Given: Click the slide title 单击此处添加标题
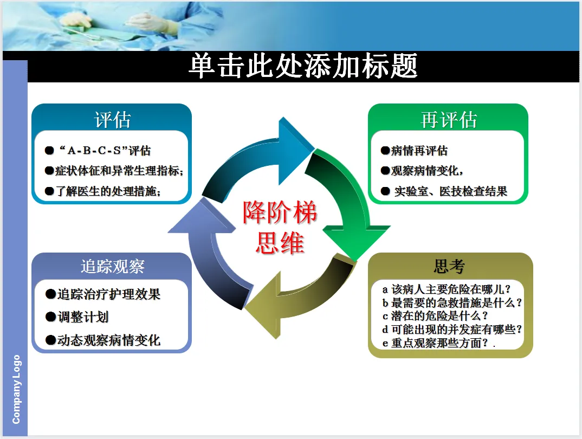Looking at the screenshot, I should click(x=303, y=67).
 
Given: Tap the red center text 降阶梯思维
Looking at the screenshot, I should click(x=280, y=228).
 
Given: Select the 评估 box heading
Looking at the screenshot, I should click(x=112, y=120).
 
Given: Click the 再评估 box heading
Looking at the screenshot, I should click(x=448, y=120).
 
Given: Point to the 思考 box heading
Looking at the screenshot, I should click(x=449, y=266).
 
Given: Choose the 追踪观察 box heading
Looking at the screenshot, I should click(x=112, y=266).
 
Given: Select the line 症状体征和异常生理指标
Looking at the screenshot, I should click(x=119, y=171).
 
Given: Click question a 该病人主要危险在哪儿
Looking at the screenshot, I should click(x=447, y=289).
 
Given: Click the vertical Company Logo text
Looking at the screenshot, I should click(x=16, y=389).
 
